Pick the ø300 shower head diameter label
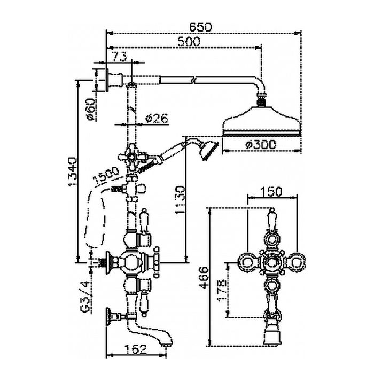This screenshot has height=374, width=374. [260, 144]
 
